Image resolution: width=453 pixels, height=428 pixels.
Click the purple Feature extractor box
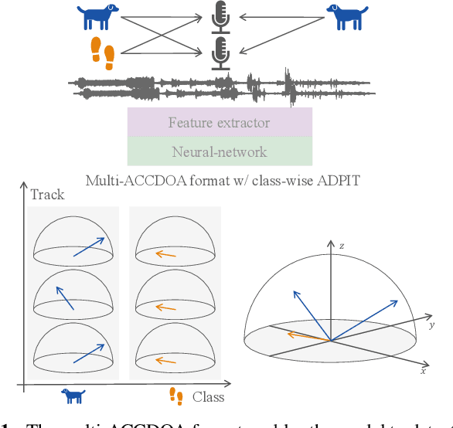(x=220, y=122)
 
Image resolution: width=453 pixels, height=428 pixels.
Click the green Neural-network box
(x=220, y=151)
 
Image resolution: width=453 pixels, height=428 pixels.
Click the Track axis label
(x=47, y=195)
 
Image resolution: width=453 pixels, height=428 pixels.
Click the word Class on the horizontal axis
(x=208, y=396)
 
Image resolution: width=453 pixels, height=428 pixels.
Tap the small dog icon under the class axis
(x=73, y=396)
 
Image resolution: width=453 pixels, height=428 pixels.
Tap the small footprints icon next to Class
(x=176, y=397)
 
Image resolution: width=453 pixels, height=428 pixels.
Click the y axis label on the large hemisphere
(x=431, y=325)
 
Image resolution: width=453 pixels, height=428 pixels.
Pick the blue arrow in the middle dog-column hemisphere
(x=65, y=298)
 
